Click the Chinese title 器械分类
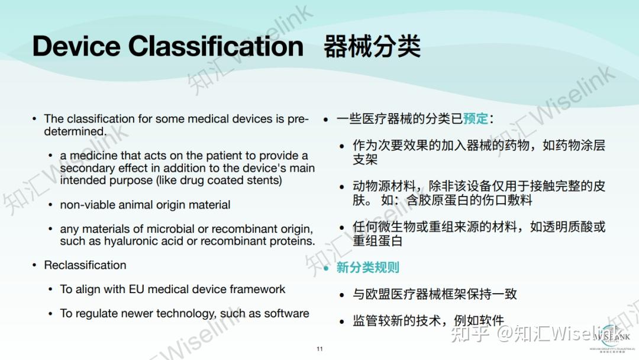tap(372, 46)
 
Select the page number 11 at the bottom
tap(319, 349)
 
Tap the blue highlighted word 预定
tap(476, 118)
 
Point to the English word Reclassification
tap(85, 265)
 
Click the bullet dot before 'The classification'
tap(35, 119)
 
